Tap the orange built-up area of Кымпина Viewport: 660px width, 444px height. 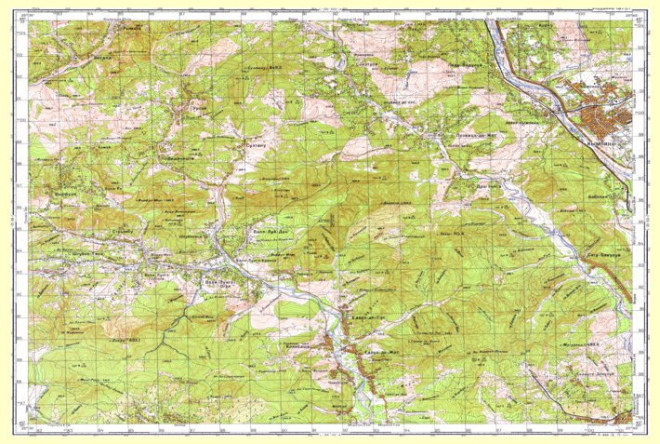[x=601, y=116]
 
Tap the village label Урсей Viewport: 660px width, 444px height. [x=197, y=108]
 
